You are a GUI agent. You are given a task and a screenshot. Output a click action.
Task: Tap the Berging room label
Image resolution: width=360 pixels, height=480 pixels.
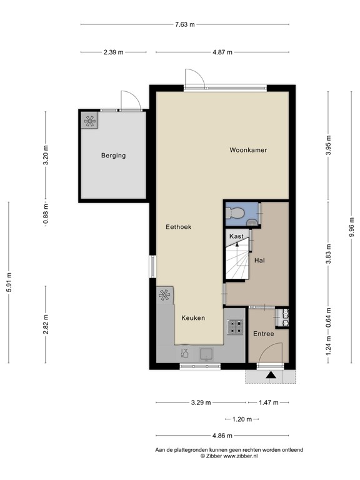tap(113, 156)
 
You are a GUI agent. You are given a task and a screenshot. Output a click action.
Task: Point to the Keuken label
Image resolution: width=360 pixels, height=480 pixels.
tap(193, 318)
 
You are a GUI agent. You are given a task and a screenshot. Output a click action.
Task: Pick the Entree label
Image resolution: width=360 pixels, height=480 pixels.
tap(263, 334)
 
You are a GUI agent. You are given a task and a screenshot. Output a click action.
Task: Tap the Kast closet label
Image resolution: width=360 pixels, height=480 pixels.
tap(236, 236)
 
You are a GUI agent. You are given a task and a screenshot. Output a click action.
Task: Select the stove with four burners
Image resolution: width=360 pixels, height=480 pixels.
tap(236, 326)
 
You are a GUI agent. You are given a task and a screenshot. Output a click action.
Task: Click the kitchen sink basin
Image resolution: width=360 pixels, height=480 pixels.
tap(204, 354)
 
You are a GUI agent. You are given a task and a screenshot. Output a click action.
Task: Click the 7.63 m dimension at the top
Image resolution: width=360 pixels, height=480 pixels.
tap(184, 24)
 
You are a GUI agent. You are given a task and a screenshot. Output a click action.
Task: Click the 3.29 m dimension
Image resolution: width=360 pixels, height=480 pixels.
tap(200, 402)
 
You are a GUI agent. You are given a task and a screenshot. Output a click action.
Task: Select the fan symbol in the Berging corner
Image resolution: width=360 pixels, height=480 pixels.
tap(89, 121)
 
